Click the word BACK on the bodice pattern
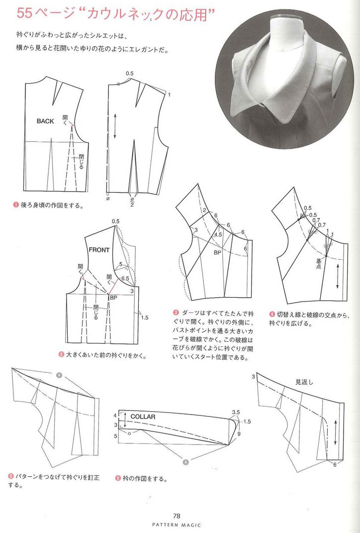tap(45, 121)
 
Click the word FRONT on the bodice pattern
tap(99, 250)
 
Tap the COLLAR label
tap(143, 417)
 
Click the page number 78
tap(176, 516)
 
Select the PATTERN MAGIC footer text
tap(176, 525)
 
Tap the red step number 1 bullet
tap(15, 205)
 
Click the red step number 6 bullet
tap(118, 479)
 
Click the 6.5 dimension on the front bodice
tap(125, 278)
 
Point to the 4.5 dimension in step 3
tap(218, 234)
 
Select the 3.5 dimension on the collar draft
tap(236, 413)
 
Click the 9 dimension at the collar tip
tap(239, 433)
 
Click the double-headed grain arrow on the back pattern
tap(115, 126)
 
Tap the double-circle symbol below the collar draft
tap(185, 462)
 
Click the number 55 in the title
tap(24, 13)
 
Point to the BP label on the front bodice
tap(114, 298)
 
